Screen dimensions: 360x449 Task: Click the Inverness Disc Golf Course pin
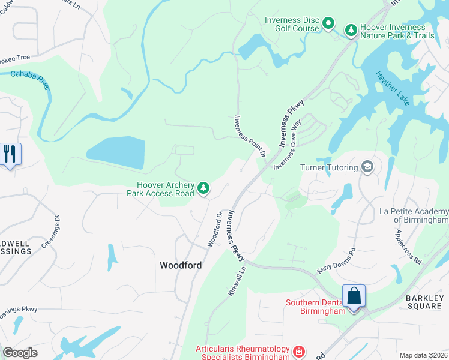tap(328, 24)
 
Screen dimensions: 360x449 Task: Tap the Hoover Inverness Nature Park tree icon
tap(351, 29)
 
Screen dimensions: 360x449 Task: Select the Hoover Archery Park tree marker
tap(203, 188)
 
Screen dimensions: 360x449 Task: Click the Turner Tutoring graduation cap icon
tap(367, 167)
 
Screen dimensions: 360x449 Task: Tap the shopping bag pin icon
tap(354, 297)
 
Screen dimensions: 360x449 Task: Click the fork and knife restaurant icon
tap(10, 155)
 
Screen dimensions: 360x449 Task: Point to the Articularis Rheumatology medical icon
tap(299, 350)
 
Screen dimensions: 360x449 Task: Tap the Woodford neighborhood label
tap(180, 265)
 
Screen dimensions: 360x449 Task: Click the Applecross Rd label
tap(409, 246)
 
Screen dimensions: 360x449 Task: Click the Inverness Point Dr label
tap(250, 136)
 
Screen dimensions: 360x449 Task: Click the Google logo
tap(20, 353)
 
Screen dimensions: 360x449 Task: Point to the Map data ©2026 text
tap(423, 355)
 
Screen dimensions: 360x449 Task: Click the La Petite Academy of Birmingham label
tap(414, 215)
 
